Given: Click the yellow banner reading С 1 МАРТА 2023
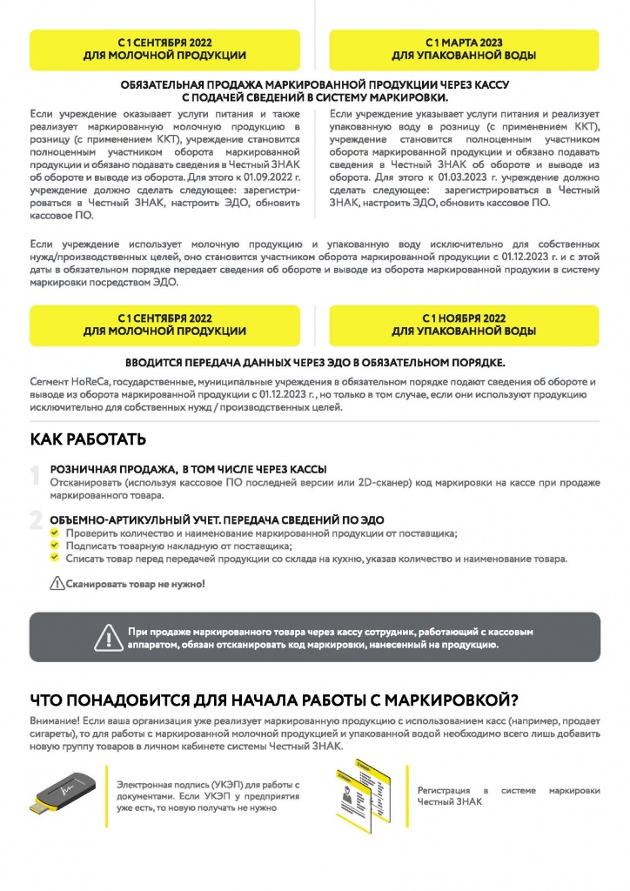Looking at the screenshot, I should click(x=464, y=49).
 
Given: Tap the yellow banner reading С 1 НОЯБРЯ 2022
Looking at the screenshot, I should click(x=464, y=325).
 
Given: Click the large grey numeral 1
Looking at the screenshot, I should click(x=35, y=475).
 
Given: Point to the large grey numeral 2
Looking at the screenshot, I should click(x=36, y=520).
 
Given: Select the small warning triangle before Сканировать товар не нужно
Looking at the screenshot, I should click(x=57, y=584).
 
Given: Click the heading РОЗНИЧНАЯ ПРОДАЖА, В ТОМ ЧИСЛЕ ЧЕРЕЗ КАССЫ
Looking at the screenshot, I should click(x=188, y=469).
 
